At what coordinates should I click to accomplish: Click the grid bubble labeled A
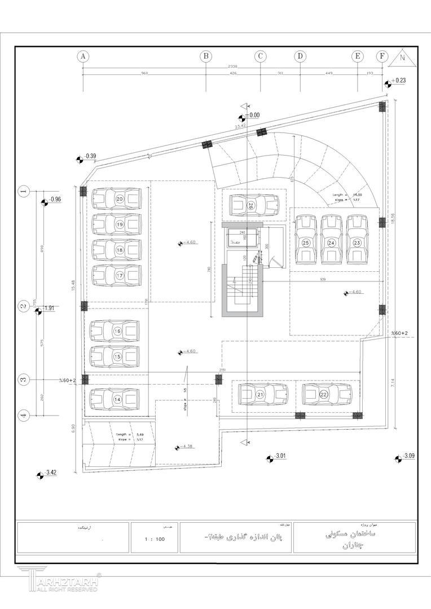83,56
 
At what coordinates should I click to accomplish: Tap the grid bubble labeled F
382,56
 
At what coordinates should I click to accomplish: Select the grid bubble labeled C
260,56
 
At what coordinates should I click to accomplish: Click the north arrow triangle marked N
403,56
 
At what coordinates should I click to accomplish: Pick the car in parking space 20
116,199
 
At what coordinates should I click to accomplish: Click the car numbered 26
254,206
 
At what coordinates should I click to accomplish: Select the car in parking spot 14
116,399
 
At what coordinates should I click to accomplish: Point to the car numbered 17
116,276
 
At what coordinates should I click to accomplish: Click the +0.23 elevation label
399,81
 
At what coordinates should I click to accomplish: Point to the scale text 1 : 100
154,539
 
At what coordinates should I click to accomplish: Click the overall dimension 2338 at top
232,67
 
